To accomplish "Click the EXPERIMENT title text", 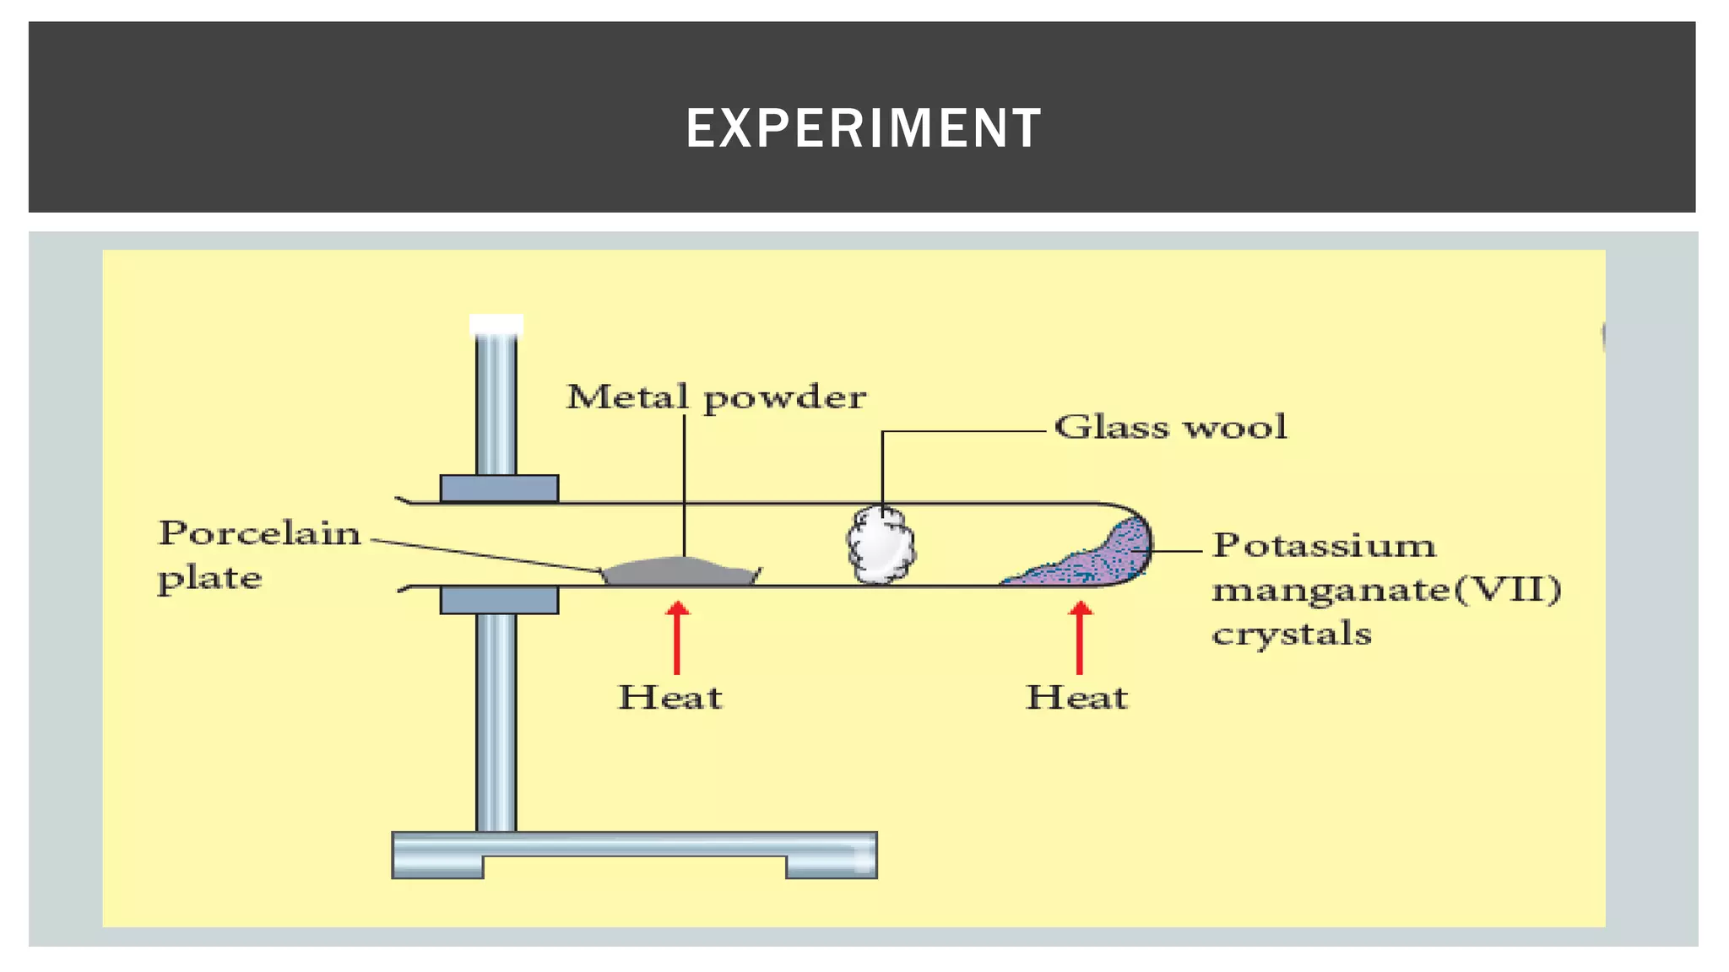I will [x=863, y=128].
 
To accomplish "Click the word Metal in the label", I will [x=626, y=397].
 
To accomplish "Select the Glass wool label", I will [x=1170, y=427].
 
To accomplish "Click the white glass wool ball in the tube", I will [x=881, y=545].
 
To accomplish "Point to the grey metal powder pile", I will [x=680, y=572].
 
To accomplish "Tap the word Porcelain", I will [x=259, y=533].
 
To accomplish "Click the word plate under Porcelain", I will [x=209, y=579].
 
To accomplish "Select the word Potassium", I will [x=1323, y=545].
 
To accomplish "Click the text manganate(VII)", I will [x=1386, y=589].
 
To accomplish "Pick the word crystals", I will [x=1291, y=634].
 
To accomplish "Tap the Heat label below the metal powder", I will [x=670, y=698].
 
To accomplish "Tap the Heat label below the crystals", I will [x=1076, y=698].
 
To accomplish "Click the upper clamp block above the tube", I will [x=499, y=489].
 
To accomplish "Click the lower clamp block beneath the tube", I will [x=499, y=600].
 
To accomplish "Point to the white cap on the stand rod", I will [x=496, y=325].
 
